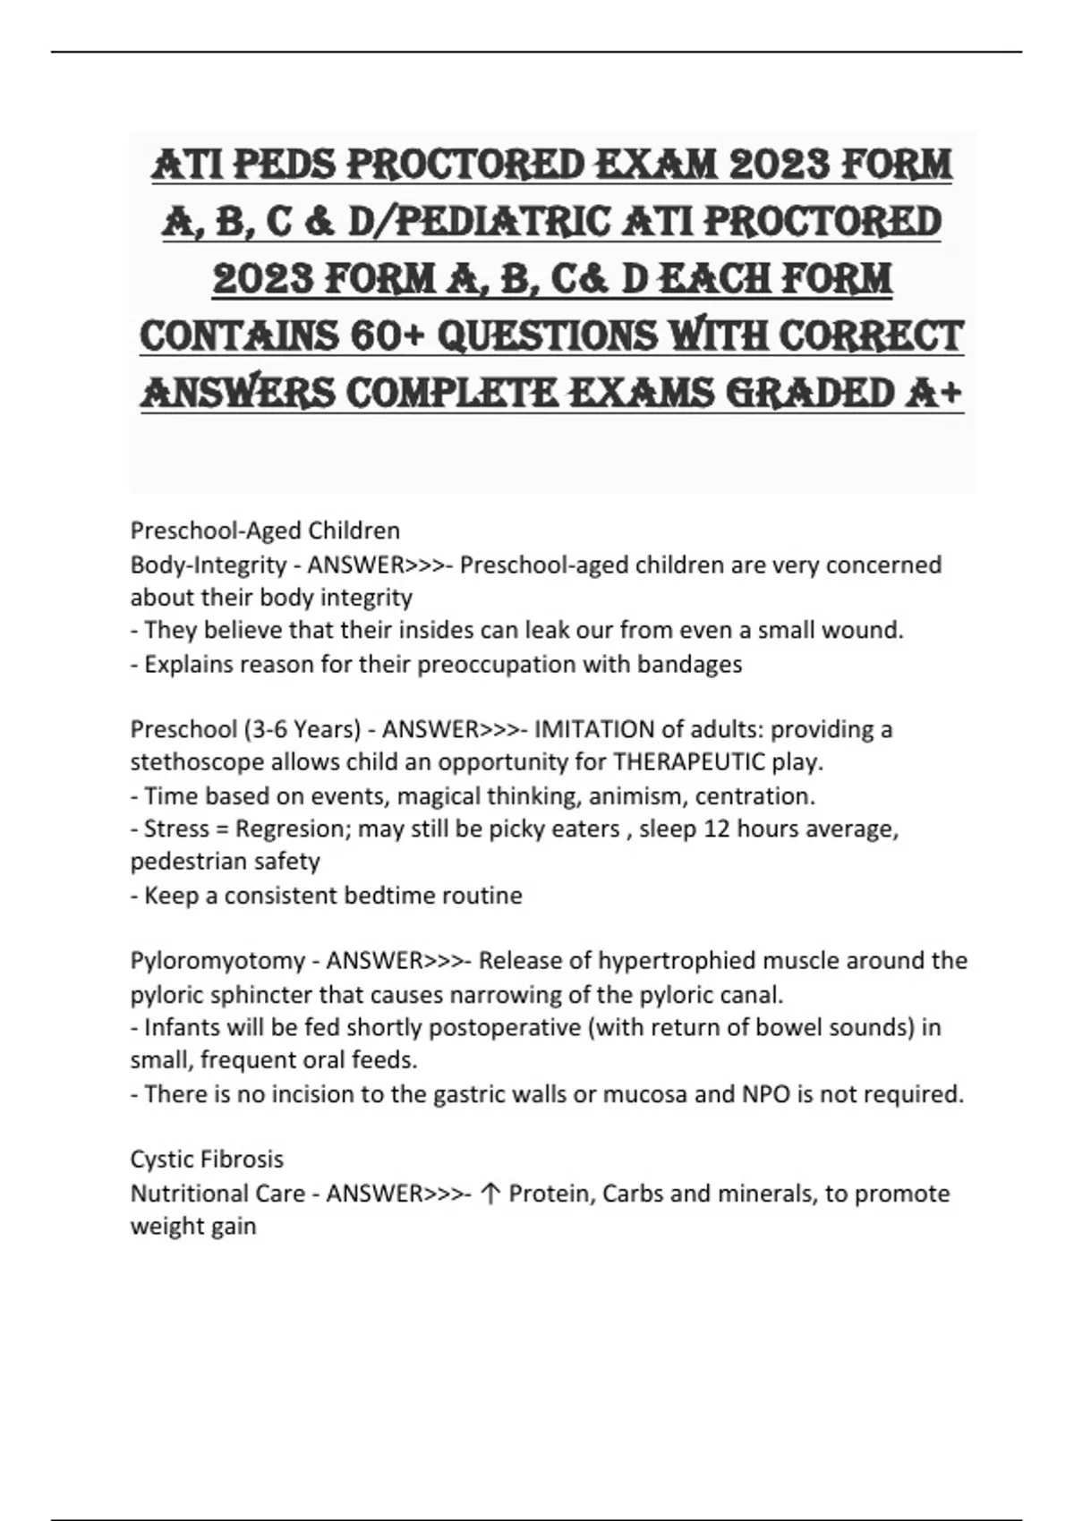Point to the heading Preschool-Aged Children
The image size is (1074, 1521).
(265, 531)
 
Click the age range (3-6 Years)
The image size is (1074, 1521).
(301, 729)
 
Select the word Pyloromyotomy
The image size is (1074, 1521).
(217, 961)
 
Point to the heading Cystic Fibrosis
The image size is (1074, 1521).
(207, 1160)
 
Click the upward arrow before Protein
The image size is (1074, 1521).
(490, 1194)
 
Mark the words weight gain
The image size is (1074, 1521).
(193, 1226)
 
